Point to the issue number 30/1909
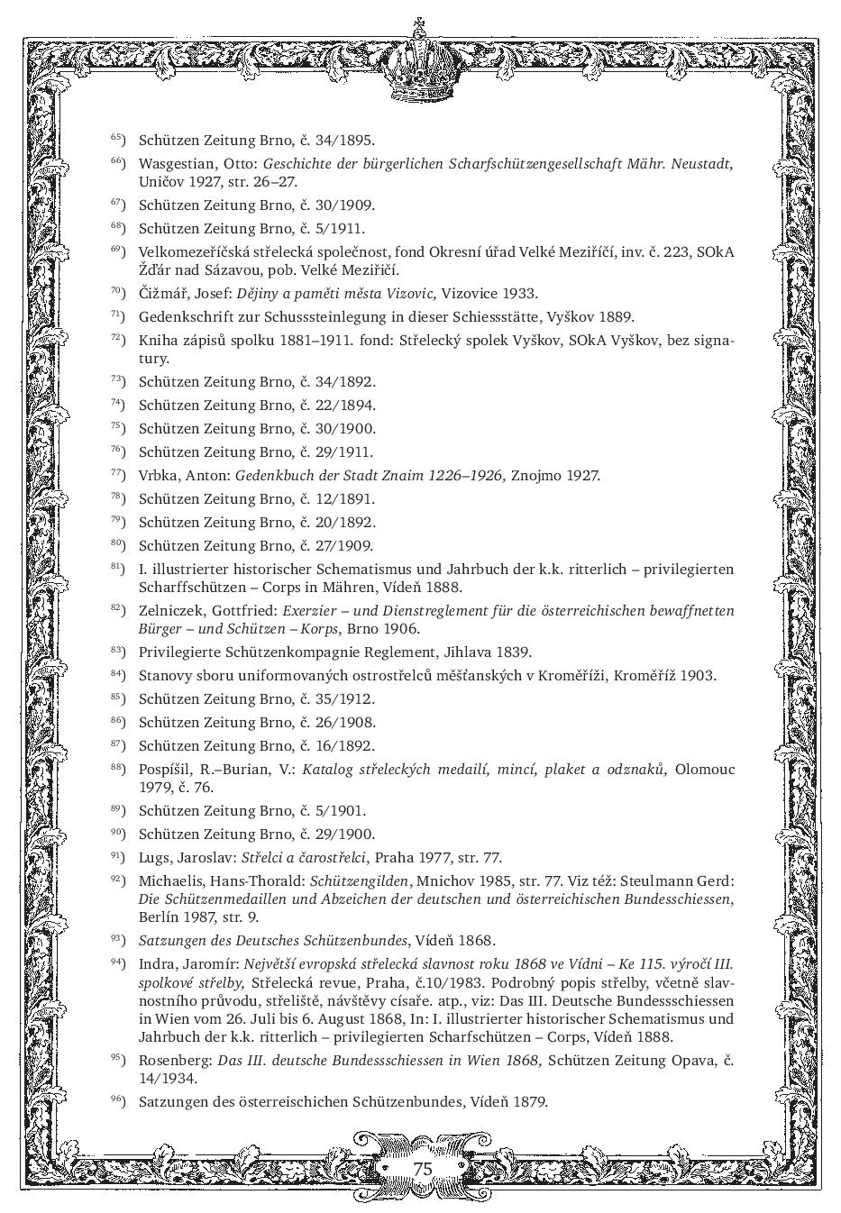tap(346, 205)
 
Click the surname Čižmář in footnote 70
tap(163, 293)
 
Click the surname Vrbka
tap(159, 476)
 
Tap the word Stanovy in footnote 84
tap(163, 675)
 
